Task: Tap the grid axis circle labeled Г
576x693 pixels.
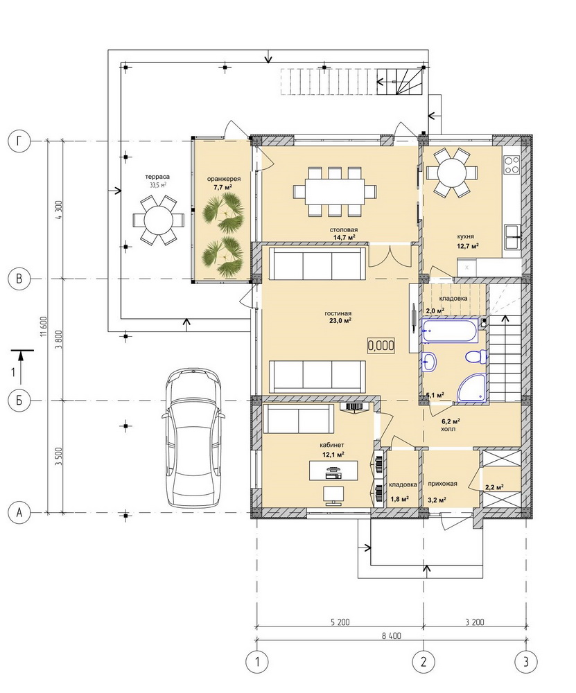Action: coord(19,141)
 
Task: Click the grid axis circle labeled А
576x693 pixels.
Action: coord(19,513)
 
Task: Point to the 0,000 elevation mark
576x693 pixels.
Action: coord(381,345)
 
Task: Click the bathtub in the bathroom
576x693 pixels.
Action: coord(449,331)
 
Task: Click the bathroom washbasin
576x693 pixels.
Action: coord(429,362)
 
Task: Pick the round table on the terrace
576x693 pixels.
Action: coord(158,220)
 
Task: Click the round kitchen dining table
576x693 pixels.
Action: coord(452,173)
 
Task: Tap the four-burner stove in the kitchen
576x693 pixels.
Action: coord(512,164)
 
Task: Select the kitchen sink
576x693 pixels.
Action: coord(512,237)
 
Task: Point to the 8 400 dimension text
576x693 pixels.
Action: coord(391,636)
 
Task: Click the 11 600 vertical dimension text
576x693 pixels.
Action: coord(43,327)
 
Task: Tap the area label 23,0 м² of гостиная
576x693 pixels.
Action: coord(341,321)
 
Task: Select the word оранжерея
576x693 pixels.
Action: coord(224,179)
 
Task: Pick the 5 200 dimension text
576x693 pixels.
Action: coord(340,622)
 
